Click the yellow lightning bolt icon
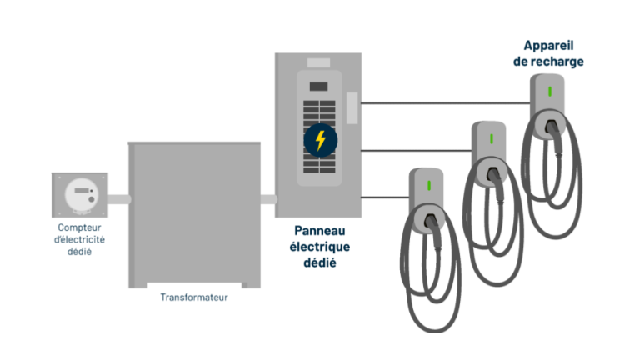tap(320, 140)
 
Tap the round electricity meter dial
tap(82, 194)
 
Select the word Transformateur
tap(194, 297)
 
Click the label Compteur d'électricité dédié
tap(80, 239)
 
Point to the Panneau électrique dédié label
tap(320, 247)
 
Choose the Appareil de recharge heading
tap(548, 53)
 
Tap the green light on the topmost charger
tap(550, 92)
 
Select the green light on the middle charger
tap(492, 139)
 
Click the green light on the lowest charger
tap(429, 186)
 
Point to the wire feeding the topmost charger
tap(446, 103)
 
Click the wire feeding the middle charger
tap(417, 151)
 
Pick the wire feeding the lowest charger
tap(385, 197)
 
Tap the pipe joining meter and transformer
tap(119, 200)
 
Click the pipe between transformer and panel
tap(268, 200)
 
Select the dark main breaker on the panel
tap(319, 87)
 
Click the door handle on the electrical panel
tap(352, 108)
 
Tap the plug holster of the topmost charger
tap(550, 125)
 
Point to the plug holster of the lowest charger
tap(429, 220)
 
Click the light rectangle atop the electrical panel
tap(319, 62)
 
